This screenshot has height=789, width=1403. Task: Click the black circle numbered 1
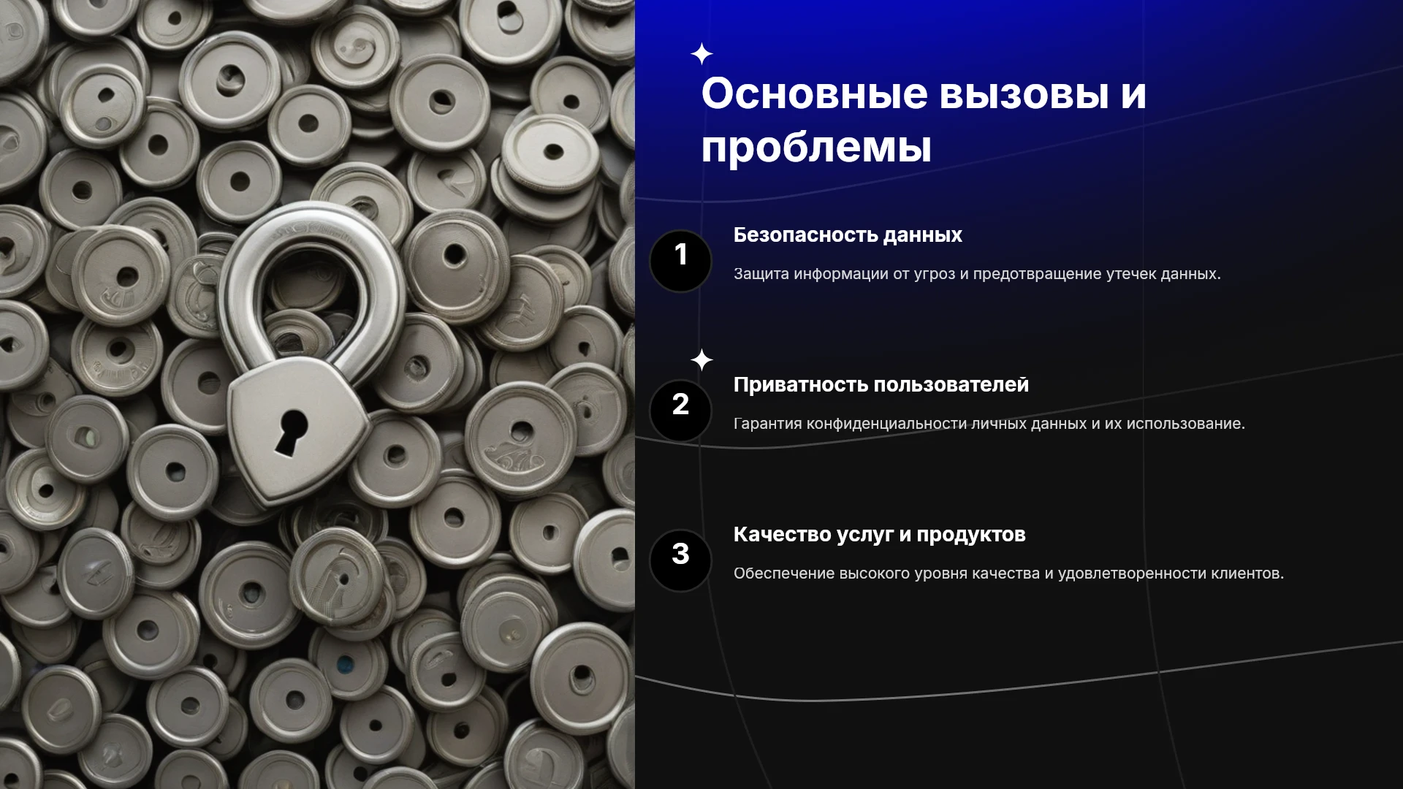pos(680,261)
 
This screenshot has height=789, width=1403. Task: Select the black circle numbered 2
pos(680,411)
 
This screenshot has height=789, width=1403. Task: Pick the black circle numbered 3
pos(680,560)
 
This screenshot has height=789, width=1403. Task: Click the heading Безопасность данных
pos(848,235)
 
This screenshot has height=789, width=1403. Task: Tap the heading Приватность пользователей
pos(881,385)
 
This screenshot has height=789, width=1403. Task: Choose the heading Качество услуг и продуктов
pos(880,535)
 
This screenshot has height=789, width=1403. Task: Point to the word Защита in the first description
pos(761,274)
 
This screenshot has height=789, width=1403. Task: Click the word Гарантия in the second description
pos(767,424)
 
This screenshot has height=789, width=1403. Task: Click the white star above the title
pos(701,54)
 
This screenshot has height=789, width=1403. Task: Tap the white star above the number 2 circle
pos(701,359)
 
